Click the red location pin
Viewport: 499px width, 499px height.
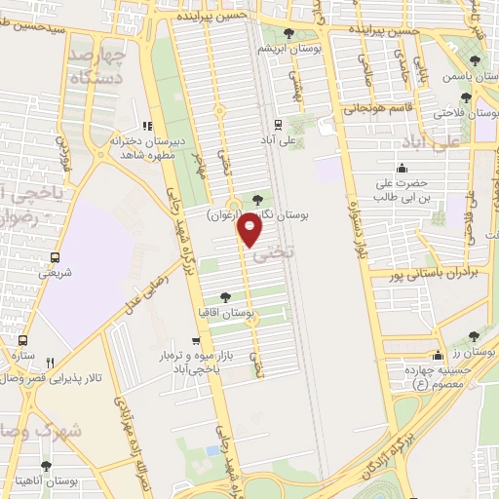[251, 230]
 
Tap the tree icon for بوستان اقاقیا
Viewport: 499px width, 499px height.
[226, 297]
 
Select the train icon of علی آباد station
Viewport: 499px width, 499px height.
[279, 124]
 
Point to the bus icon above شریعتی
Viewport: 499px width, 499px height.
[55, 258]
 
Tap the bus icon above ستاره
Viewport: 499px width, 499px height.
[21, 341]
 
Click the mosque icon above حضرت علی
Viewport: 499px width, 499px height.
[403, 167]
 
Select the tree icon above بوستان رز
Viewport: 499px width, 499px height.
[475, 335]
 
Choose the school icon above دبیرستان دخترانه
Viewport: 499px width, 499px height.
[147, 125]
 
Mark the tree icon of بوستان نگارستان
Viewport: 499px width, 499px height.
[257, 199]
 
